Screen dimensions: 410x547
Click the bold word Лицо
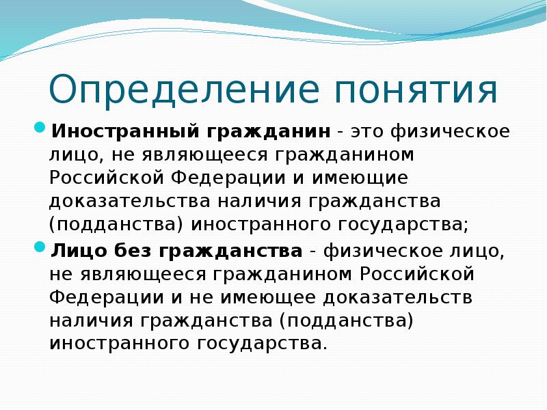click(x=75, y=251)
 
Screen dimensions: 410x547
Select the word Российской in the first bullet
click(x=105, y=178)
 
